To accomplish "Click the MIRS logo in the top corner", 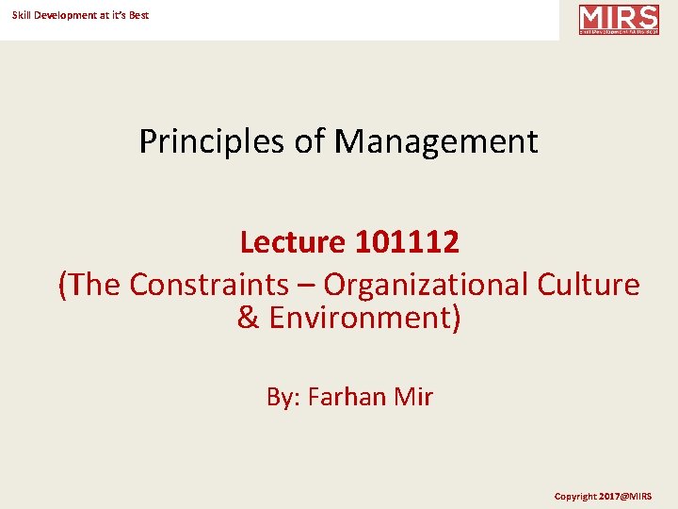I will click(619, 20).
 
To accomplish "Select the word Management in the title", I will click(436, 142).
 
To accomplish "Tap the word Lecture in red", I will click(293, 243).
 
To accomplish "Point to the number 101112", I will click(407, 243).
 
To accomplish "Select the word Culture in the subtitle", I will click(589, 285).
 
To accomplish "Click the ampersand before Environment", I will click(248, 319).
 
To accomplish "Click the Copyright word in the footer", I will click(575, 496).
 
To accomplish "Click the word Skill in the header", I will click(21, 15).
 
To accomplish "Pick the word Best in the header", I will click(138, 15).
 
